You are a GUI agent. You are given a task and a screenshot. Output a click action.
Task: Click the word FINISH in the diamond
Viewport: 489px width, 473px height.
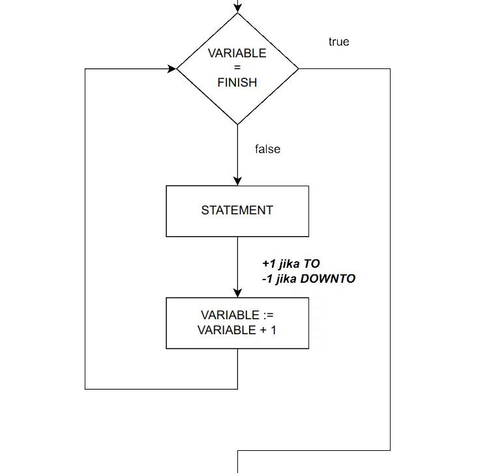click(x=237, y=83)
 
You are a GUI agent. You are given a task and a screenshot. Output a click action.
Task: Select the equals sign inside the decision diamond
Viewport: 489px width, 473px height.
click(x=237, y=68)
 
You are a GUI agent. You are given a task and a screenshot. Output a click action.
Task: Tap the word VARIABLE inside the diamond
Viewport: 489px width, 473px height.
click(x=237, y=53)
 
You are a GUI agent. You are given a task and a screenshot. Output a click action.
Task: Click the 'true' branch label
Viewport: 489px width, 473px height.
click(x=339, y=42)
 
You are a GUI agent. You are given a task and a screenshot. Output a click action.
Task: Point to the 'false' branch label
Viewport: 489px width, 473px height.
click(x=267, y=149)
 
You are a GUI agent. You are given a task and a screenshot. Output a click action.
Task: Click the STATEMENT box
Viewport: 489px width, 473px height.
click(x=237, y=210)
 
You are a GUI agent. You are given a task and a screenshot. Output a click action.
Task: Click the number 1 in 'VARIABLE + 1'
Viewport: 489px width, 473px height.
click(x=273, y=330)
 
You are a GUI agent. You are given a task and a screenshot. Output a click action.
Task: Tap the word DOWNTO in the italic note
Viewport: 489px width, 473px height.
click(x=332, y=279)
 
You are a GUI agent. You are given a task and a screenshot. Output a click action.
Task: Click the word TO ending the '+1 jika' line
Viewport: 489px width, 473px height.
click(x=312, y=264)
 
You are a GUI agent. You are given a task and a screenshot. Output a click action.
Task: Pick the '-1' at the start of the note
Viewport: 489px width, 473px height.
click(x=267, y=279)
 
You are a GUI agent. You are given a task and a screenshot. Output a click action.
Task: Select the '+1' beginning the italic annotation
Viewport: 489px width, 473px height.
click(x=269, y=264)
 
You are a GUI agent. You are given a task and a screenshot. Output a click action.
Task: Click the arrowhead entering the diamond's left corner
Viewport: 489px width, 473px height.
click(x=172, y=68)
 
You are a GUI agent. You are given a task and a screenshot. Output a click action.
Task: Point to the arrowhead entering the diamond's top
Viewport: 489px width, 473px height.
click(x=237, y=8)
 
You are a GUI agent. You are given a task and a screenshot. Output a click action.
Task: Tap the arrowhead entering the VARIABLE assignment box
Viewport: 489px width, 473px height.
click(x=237, y=293)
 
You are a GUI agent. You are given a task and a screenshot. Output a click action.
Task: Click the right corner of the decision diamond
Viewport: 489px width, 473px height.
click(x=297, y=68)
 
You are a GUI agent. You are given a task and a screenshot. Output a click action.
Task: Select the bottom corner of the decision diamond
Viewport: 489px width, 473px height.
click(x=237, y=123)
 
